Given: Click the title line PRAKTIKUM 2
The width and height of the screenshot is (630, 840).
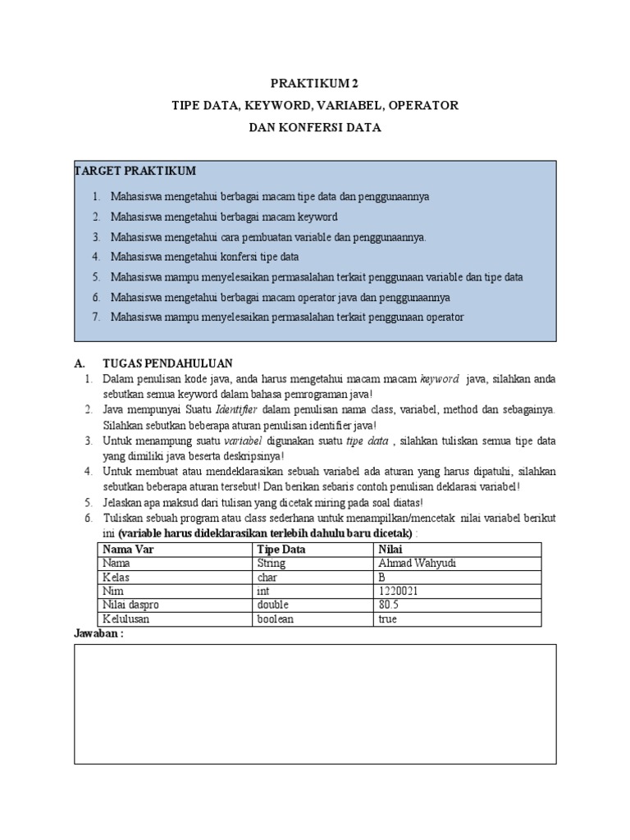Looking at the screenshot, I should pyautogui.click(x=315, y=84).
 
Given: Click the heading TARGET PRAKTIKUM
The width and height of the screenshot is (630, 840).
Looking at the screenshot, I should pyautogui.click(x=135, y=171).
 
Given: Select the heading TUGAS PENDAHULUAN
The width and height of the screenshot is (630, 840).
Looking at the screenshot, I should pyautogui.click(x=167, y=363).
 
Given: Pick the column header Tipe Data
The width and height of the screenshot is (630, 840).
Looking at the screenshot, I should pyautogui.click(x=281, y=550).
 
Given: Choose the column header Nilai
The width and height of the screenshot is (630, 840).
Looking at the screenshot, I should pyautogui.click(x=390, y=550).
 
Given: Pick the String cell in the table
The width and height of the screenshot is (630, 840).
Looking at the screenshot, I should pyautogui.click(x=271, y=564).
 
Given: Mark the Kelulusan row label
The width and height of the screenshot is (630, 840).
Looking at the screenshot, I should pyautogui.click(x=124, y=619).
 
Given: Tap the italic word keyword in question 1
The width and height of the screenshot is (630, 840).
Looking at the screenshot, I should pyautogui.click(x=439, y=379).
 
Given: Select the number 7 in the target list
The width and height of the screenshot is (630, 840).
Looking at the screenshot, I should pyautogui.click(x=95, y=316).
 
